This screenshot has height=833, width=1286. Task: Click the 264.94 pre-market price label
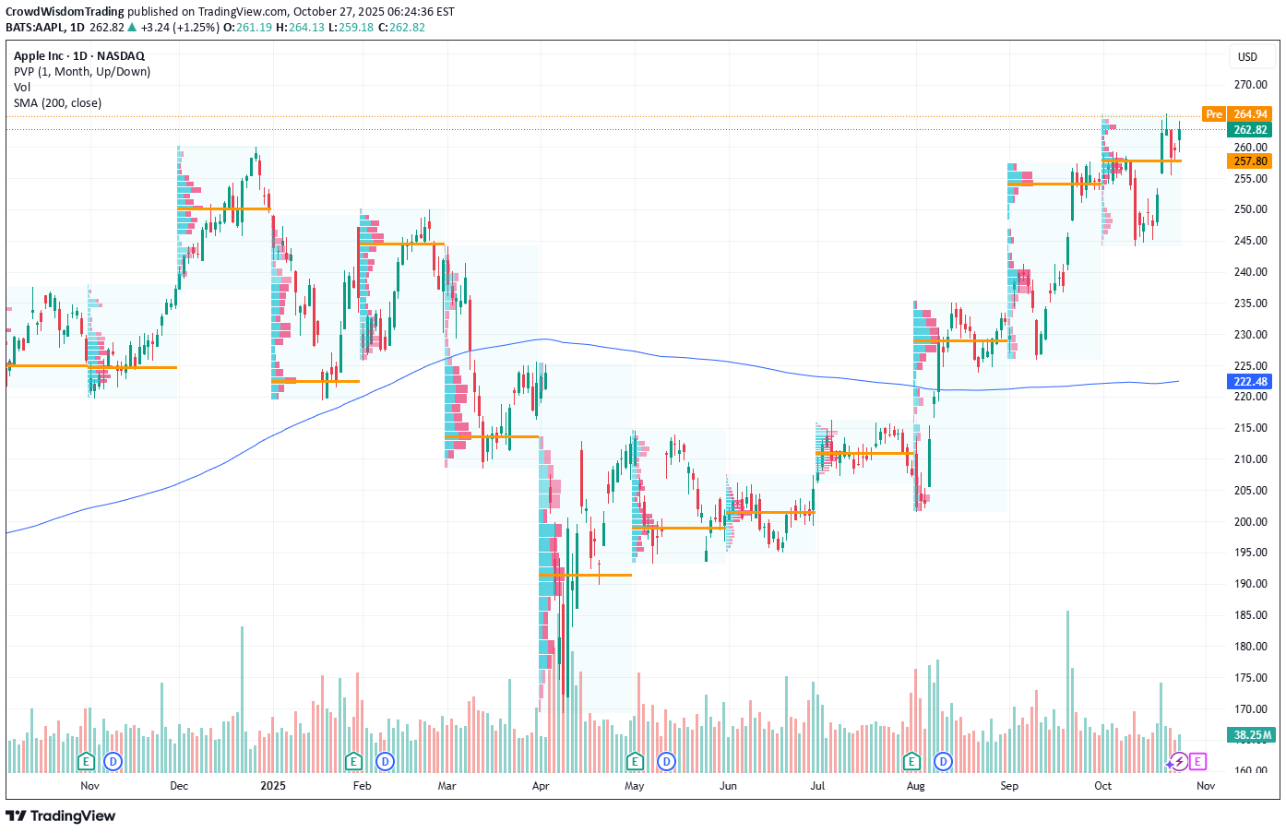[x=1250, y=114]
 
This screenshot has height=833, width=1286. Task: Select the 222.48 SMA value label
[x=1250, y=382]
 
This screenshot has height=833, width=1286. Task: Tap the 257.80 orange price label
[x=1250, y=161]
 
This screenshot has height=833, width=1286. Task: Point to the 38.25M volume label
[x=1252, y=735]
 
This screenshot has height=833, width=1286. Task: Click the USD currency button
[x=1247, y=57]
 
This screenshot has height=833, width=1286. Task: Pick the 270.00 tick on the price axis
[x=1250, y=85]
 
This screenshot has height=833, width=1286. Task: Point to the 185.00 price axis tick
[x=1250, y=615]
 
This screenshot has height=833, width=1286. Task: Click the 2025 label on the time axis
[x=273, y=786]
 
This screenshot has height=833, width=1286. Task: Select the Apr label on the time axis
[x=541, y=786]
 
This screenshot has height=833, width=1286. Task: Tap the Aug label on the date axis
[x=915, y=786]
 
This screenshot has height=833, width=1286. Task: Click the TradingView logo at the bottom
[x=61, y=815]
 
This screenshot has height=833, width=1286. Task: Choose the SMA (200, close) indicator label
[x=57, y=103]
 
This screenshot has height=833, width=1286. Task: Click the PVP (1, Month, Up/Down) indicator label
[x=82, y=72]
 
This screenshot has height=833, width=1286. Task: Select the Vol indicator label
[x=22, y=88]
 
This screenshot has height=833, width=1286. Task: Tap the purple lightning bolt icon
[x=1179, y=762]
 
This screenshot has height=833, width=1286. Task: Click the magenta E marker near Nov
[x=1197, y=761]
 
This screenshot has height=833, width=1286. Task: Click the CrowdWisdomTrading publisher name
[x=65, y=12]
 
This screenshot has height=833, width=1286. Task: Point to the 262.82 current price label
[x=1250, y=130]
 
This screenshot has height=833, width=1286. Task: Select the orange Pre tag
[x=1214, y=114]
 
